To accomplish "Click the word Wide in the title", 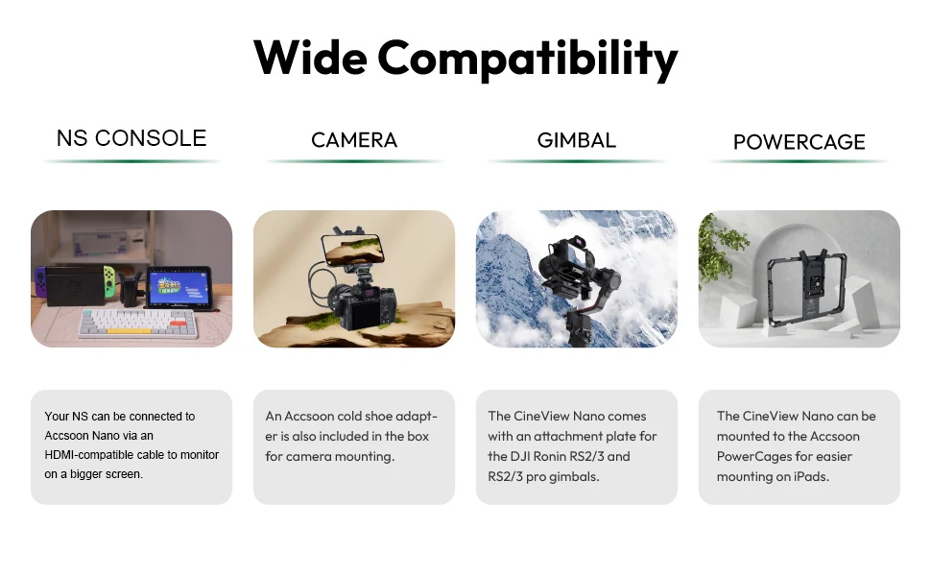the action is coord(310,57).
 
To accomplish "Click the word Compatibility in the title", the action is coord(527,60).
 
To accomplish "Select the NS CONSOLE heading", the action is coord(131,138).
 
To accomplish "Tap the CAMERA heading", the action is coord(354,140).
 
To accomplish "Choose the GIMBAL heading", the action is coord(577,140).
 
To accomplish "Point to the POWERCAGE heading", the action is coord(800,142).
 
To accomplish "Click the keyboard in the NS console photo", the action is coord(138,323).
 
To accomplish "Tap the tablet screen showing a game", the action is coord(179,288).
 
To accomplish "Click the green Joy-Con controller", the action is coord(109,281).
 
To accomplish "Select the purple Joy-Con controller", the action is coord(39,281).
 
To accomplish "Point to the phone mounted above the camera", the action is coord(352,250).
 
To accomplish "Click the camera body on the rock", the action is coord(362,306).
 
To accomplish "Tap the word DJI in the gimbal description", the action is coord(520,457).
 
